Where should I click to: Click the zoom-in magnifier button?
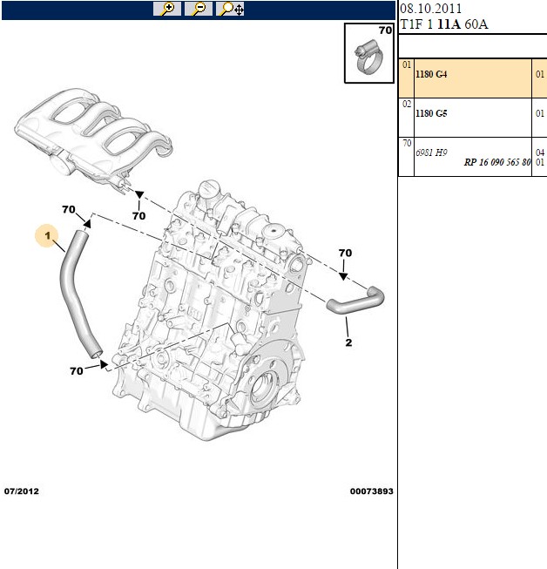tap(167, 9)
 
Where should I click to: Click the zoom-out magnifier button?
tap(199, 9)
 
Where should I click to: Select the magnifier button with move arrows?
tap(230, 9)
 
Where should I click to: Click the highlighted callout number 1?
tap(47, 236)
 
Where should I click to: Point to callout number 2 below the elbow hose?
tap(348, 342)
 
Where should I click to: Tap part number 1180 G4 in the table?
tap(431, 74)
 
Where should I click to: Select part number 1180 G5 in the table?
tap(431, 113)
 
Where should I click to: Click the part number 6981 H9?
tap(431, 152)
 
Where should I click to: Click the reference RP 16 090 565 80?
tap(497, 162)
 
